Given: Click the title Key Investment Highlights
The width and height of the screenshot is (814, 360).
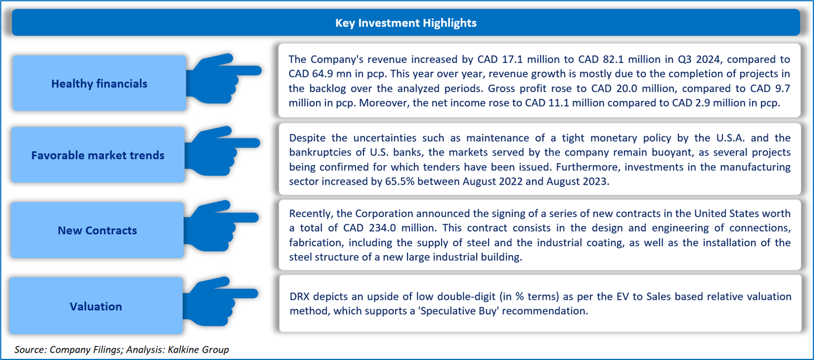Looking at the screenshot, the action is point(405,23).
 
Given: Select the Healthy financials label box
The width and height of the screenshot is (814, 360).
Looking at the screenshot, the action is point(99,83).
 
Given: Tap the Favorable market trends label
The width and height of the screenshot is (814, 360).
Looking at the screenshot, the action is point(98,155).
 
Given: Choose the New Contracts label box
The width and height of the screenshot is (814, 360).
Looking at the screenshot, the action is point(97,231).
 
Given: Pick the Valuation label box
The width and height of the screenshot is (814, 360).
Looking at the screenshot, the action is point(96,306).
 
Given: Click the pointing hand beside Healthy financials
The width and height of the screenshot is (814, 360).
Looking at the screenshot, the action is point(224,79).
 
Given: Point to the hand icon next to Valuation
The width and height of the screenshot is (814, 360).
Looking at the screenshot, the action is point(221,301).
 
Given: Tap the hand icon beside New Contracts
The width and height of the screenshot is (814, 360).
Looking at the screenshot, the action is point(221,225).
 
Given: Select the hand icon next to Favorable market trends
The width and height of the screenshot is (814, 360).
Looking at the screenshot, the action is point(222,151).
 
